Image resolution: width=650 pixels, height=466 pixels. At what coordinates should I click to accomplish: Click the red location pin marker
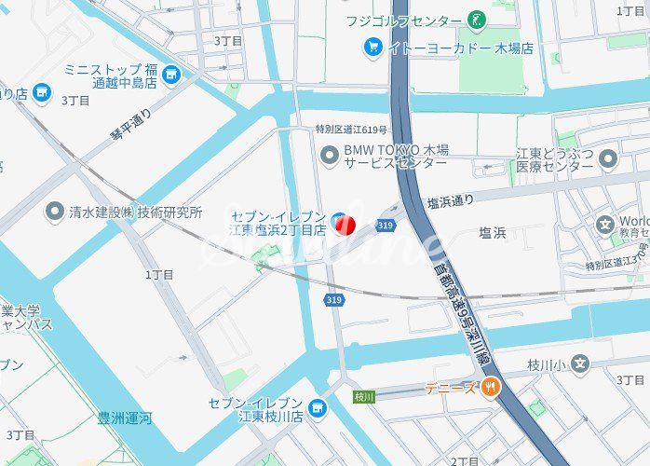[x=343, y=223]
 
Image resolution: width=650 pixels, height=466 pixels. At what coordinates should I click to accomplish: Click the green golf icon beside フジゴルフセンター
[x=477, y=20]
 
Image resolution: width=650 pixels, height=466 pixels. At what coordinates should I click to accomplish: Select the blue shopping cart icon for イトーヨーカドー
[x=373, y=47]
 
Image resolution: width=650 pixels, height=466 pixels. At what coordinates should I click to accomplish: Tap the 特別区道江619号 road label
[x=351, y=130]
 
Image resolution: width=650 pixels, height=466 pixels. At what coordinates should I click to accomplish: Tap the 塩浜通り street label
[x=450, y=199]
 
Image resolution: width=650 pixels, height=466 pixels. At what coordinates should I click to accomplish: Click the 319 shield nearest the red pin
[x=386, y=225]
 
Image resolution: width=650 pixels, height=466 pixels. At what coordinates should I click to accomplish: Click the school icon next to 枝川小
[x=581, y=364]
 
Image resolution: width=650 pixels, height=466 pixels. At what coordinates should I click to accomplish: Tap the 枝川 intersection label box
[x=364, y=396]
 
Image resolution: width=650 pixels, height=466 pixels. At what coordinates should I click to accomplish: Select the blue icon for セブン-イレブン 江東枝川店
[x=318, y=408]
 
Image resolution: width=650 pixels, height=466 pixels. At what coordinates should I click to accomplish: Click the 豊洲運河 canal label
[x=125, y=419]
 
